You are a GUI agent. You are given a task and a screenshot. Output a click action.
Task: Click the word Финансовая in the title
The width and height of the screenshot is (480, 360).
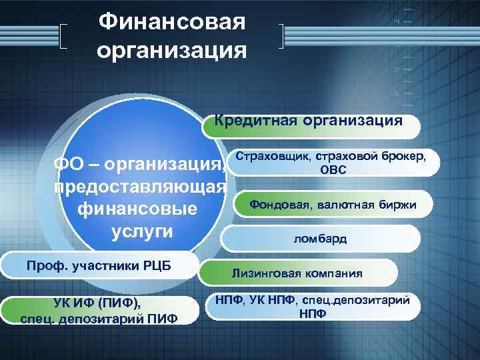[172, 22]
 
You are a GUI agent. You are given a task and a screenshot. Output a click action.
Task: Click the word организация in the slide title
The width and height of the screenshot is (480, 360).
[172, 50]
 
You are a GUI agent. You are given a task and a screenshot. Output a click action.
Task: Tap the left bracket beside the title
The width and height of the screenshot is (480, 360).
[64, 36]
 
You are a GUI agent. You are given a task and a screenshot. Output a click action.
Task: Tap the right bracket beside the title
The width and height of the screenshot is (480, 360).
[282, 36]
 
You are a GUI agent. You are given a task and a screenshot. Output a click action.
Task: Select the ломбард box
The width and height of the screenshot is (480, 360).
[320, 239]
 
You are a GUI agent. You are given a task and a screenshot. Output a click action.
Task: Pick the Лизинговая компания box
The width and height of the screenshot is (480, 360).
[306, 273]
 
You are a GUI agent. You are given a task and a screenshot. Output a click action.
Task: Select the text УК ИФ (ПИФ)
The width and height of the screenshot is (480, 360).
[97, 303]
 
